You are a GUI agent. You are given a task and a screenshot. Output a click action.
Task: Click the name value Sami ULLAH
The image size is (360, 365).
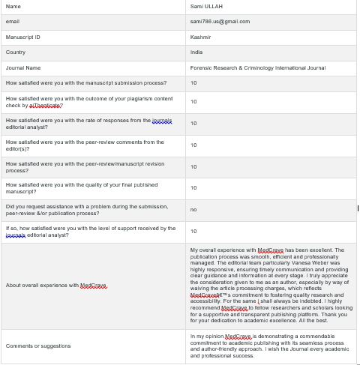[206, 6]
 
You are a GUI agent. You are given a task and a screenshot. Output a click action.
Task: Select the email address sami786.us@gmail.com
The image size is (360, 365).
[220, 21]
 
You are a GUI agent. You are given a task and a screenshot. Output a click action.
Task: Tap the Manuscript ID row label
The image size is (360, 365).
[22, 36]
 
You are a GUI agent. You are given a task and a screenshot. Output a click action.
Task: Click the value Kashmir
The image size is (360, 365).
[201, 36]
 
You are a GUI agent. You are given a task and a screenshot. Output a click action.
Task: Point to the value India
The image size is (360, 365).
[196, 52]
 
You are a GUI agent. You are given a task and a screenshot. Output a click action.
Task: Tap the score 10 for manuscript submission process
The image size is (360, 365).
[193, 82]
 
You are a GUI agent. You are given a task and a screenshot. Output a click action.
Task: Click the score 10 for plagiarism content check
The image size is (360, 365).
[193, 101]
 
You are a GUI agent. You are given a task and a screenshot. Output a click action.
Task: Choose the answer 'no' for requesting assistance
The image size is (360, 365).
[193, 209]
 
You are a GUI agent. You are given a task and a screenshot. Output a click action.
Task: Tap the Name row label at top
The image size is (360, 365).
[13, 6]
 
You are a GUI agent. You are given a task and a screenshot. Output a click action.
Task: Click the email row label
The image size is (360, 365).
[12, 21]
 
